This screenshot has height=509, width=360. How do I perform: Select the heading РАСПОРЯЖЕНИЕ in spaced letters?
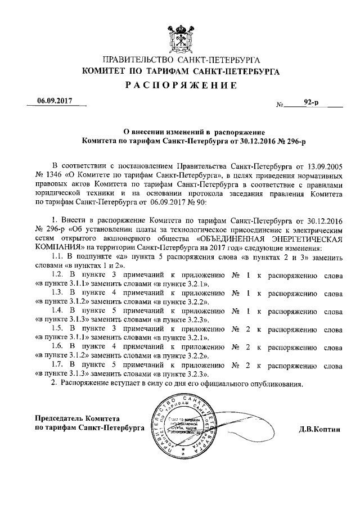(x=179, y=85)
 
